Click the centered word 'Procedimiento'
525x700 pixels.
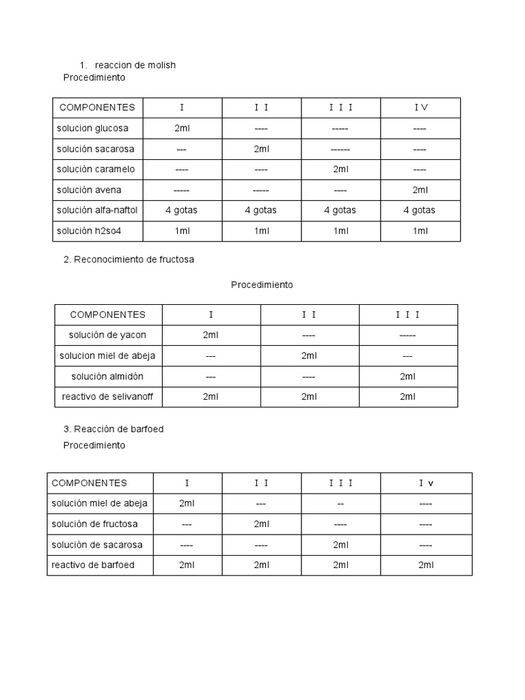262,284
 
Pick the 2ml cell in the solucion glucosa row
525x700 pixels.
182,128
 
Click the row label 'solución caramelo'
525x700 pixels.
96,169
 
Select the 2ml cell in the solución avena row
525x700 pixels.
420,189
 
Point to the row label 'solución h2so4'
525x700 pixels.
90,230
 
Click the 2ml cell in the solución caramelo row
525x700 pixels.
340,169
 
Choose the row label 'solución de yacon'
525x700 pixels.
107,335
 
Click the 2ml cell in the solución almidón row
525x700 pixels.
407,376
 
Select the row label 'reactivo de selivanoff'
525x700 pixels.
107,396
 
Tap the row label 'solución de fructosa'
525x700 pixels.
94,524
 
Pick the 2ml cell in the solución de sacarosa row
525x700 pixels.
341,544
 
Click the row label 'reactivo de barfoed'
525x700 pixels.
93,565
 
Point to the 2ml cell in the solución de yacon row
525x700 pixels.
211,335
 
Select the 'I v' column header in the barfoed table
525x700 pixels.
426,483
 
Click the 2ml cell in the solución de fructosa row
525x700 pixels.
261,524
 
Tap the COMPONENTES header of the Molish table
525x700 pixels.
97,107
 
